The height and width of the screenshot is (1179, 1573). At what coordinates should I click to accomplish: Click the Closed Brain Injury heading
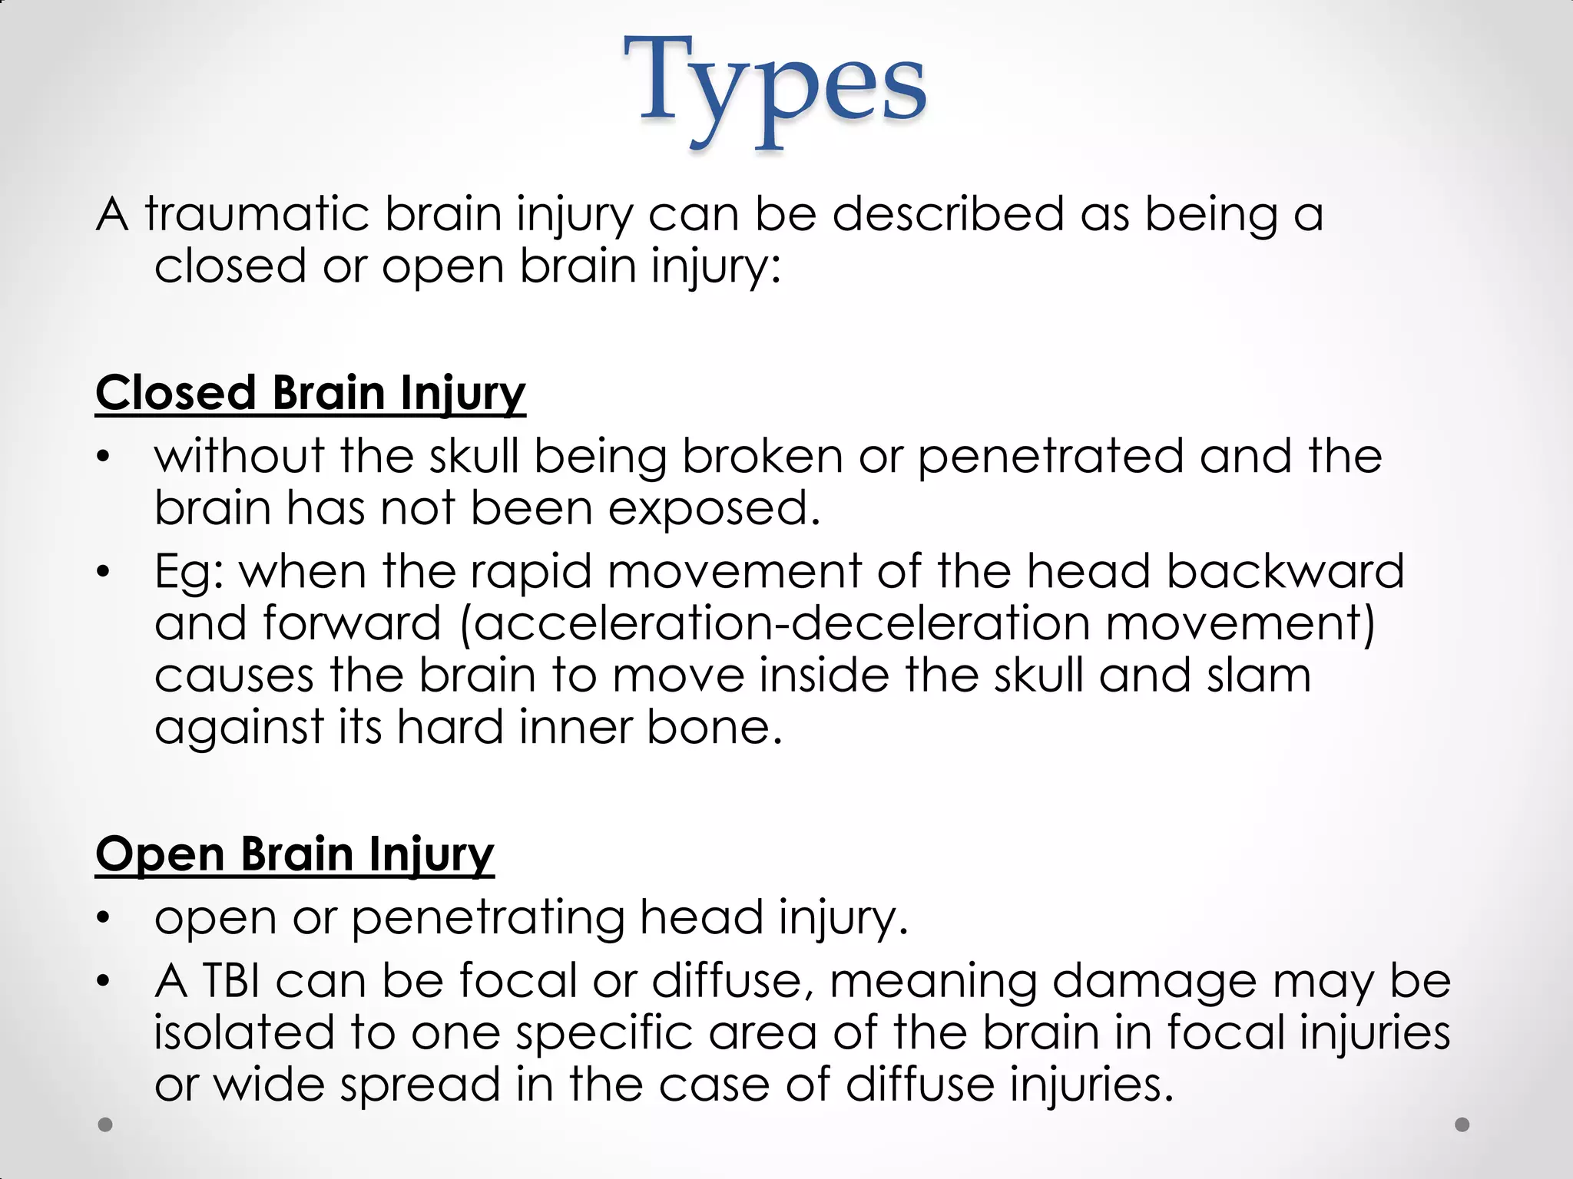[310, 393]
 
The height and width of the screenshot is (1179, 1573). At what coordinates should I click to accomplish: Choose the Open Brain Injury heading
[295, 854]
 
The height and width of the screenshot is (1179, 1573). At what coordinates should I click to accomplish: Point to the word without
[240, 456]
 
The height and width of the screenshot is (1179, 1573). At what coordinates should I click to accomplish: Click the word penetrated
[1051, 456]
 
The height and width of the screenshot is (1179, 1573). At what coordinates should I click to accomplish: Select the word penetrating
[488, 918]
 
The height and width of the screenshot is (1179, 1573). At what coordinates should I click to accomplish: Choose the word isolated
[244, 1032]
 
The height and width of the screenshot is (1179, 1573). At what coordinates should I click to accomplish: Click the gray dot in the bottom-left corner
[106, 1125]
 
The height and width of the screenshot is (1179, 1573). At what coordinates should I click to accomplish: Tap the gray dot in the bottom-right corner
[1462, 1125]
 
